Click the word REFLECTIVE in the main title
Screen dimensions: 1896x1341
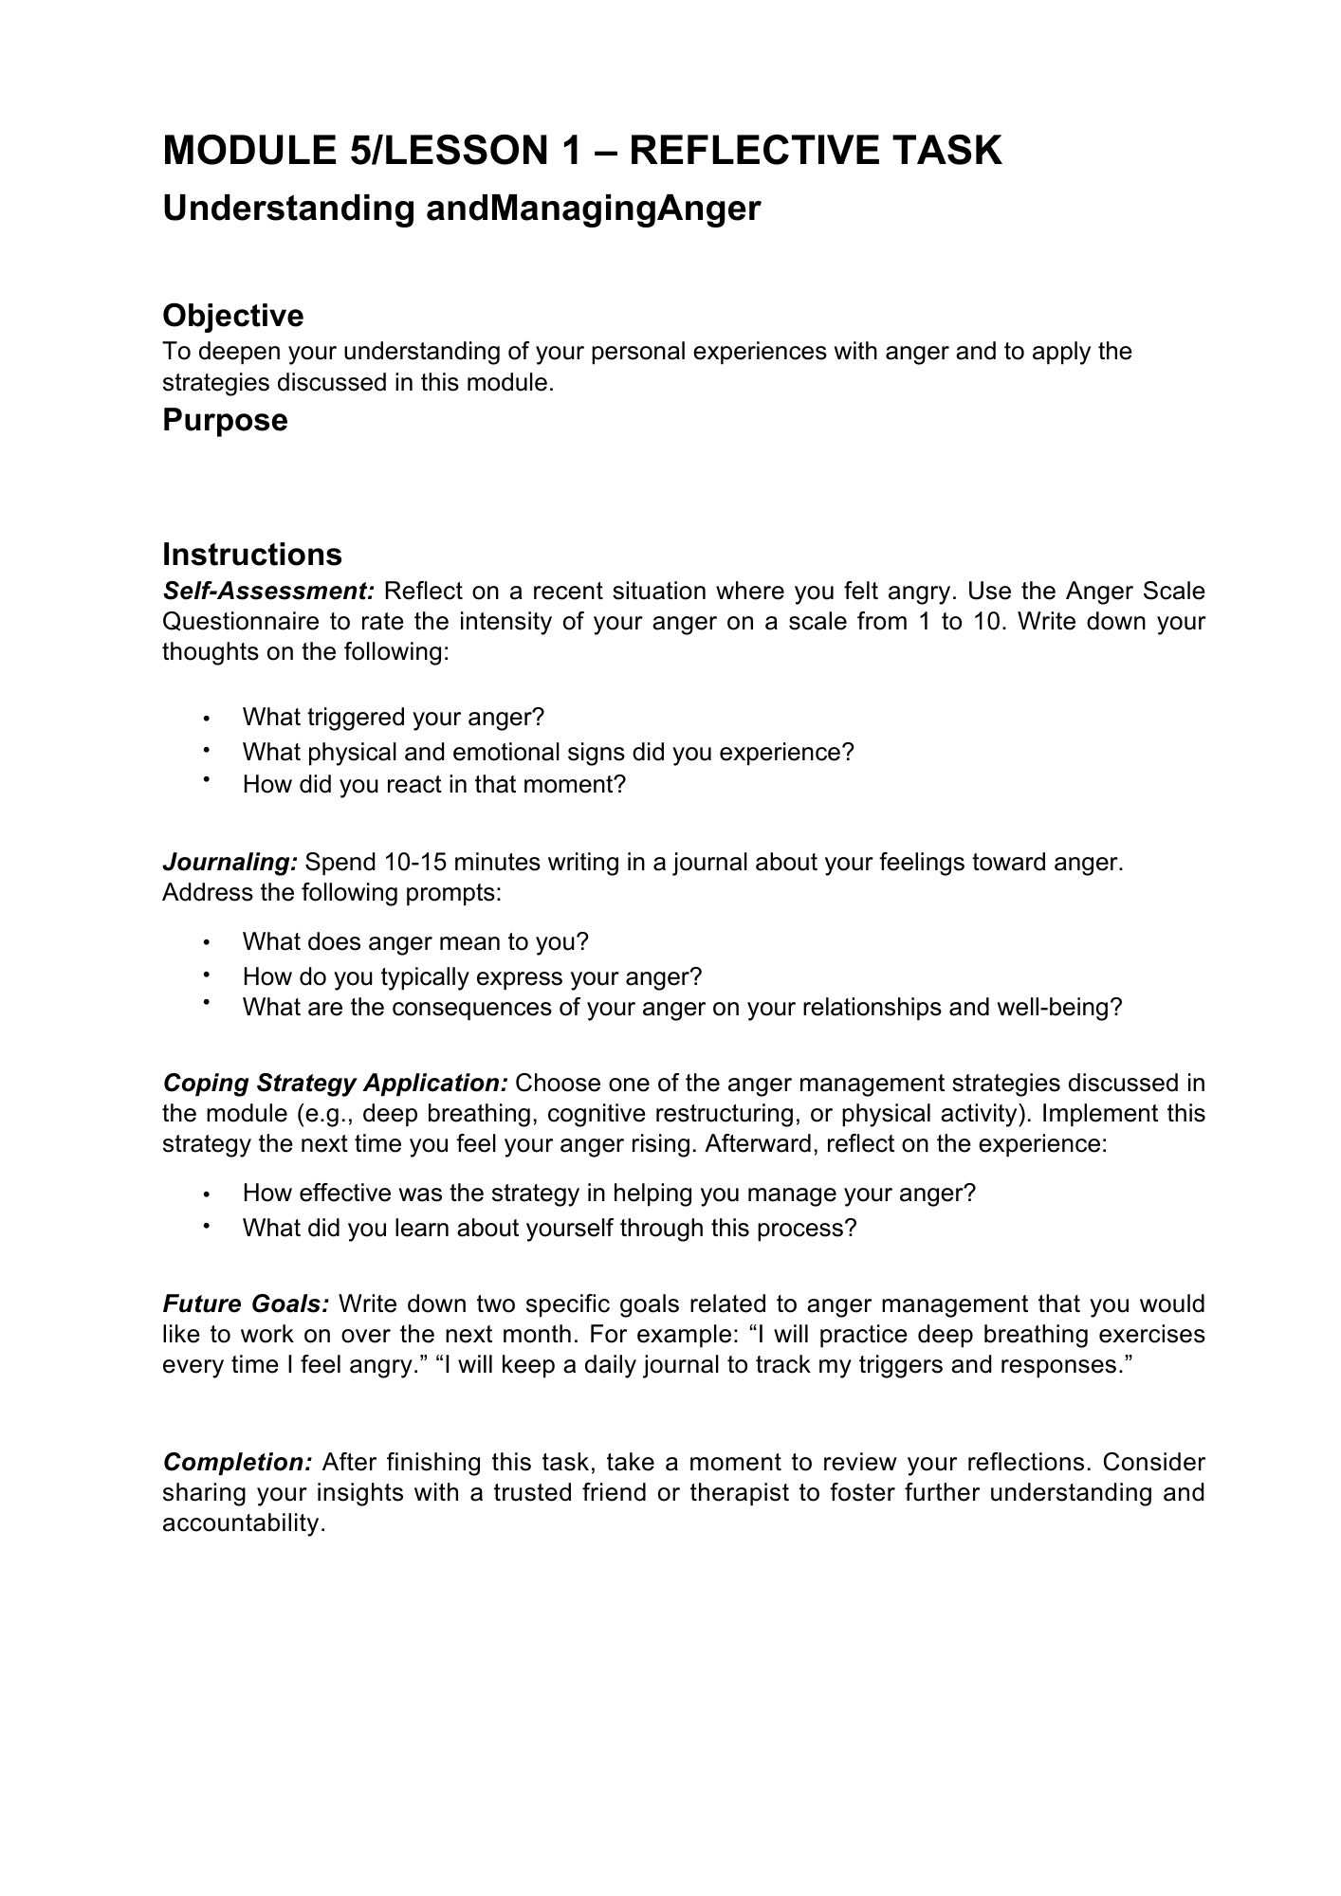click(x=750, y=151)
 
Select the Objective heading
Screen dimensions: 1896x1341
click(x=233, y=316)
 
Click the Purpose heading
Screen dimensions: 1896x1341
click(x=225, y=420)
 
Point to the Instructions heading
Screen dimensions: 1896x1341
click(x=252, y=555)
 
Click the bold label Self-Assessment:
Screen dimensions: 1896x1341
click(x=269, y=592)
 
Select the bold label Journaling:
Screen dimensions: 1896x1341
click(x=230, y=863)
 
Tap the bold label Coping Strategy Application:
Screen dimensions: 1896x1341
click(x=336, y=1083)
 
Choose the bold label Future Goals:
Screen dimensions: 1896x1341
click(x=246, y=1304)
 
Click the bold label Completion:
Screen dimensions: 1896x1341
click(x=237, y=1462)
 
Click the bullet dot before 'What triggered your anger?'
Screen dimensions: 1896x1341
click(x=206, y=719)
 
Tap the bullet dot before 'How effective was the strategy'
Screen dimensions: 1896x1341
click(x=206, y=1194)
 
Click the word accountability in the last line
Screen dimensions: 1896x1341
click(x=244, y=1522)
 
